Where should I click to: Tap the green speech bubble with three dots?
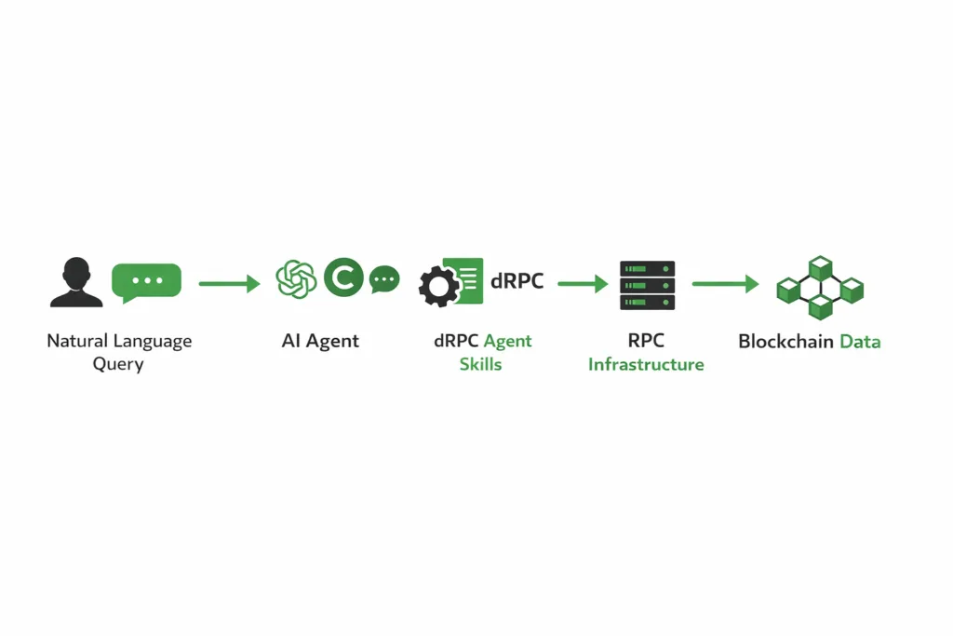click(146, 281)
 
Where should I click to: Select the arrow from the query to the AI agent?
click(229, 283)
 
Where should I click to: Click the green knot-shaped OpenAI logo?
click(297, 279)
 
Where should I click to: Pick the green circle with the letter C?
click(343, 278)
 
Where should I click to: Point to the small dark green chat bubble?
click(384, 279)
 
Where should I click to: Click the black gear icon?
click(439, 287)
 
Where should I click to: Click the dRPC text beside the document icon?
click(517, 280)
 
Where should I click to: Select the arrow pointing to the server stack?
click(583, 283)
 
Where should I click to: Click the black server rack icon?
click(648, 285)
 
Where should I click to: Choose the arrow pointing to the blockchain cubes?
click(725, 283)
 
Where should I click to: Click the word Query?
click(118, 364)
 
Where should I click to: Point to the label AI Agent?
click(320, 341)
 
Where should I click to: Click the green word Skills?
click(480, 364)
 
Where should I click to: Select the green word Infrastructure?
click(646, 364)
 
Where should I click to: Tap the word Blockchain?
click(785, 342)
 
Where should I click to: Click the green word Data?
click(860, 342)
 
